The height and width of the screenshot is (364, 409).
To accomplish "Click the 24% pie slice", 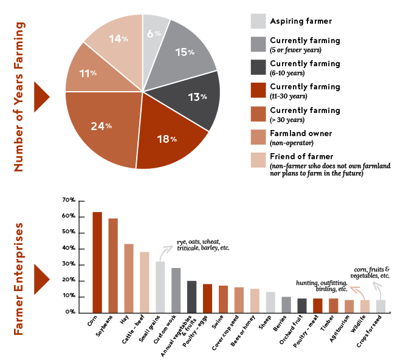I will [x=100, y=128].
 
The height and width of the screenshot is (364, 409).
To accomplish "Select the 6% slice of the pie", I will [x=153, y=33].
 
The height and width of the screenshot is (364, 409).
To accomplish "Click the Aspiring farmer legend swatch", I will [x=258, y=21].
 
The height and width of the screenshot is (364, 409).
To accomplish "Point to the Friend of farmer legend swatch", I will [x=258, y=160].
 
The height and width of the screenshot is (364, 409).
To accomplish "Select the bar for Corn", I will [x=97, y=262].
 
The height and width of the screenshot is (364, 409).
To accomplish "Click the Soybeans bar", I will [x=113, y=265].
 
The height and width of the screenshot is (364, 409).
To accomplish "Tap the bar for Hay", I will [x=129, y=278].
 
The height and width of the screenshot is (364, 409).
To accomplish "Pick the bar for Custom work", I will [x=176, y=290].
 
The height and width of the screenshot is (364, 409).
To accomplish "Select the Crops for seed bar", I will [x=380, y=306].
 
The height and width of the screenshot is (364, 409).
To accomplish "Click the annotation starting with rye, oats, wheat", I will [x=203, y=246].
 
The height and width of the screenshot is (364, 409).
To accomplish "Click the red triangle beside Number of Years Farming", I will [x=41, y=97].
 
